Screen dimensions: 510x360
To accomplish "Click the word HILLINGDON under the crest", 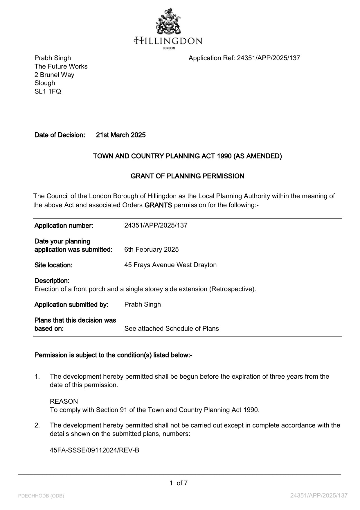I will (168, 40).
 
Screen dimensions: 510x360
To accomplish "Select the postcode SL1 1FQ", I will (48, 92).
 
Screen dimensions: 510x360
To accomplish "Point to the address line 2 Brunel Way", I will (54, 75).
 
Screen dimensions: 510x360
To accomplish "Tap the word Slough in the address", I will (45, 83).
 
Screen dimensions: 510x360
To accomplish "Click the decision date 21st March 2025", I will (121, 135).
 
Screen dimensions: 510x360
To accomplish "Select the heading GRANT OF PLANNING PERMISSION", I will (187, 176).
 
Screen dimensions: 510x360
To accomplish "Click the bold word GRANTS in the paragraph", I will (158, 205).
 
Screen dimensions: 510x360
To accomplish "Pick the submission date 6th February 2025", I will (151, 250).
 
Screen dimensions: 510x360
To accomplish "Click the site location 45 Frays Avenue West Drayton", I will (170, 265).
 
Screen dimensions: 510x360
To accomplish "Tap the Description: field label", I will (52, 281).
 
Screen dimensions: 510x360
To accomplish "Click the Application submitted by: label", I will (71, 305).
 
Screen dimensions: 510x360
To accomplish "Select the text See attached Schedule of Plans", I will (172, 329).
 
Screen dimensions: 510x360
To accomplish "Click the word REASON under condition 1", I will (64, 402).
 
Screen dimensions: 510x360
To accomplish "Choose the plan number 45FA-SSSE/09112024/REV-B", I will (94, 450).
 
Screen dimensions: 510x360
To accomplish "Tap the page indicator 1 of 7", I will (179, 483).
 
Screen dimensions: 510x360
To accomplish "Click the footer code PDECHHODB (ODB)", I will (41, 496).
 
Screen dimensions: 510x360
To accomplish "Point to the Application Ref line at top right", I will (244, 58).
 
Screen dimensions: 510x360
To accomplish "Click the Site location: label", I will (53, 265).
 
